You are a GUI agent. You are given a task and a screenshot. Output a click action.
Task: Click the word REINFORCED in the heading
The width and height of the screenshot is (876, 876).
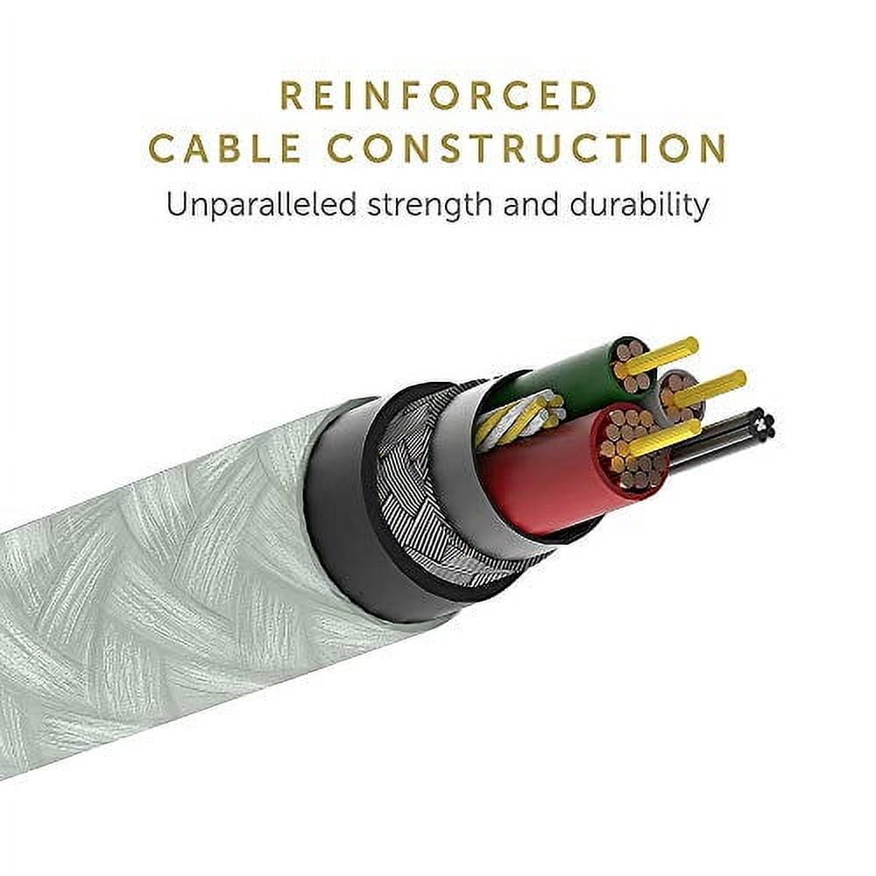(439, 95)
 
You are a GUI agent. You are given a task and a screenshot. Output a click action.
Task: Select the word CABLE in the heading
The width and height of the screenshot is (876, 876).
(226, 147)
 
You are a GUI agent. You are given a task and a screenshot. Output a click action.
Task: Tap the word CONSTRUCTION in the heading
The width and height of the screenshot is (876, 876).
(526, 147)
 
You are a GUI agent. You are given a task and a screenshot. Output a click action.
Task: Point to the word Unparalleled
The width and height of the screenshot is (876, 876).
(261, 205)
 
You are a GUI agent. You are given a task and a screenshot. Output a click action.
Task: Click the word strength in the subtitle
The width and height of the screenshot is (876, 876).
(431, 207)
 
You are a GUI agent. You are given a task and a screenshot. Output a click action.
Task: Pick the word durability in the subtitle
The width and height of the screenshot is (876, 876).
(639, 205)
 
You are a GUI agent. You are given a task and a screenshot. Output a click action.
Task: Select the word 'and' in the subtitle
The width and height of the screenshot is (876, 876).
(532, 205)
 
